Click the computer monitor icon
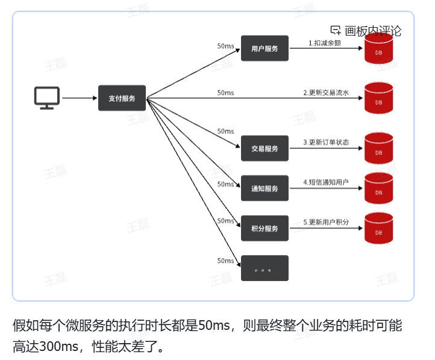[46, 98]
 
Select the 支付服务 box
[122, 98]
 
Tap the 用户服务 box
[264, 49]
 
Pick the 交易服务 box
[264, 148]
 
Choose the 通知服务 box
[264, 188]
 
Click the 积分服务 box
[264, 229]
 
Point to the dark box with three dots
[264, 268]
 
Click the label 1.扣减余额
[325, 43]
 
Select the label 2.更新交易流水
[325, 93]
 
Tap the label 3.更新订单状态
[325, 143]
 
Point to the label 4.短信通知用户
[325, 182]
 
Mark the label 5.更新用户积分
[325, 223]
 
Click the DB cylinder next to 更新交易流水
[378, 98]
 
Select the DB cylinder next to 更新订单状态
[378, 148]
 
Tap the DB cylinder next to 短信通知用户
[378, 188]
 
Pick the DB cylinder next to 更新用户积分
[378, 229]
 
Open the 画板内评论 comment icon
[336, 31]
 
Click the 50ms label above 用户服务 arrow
[225, 46]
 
